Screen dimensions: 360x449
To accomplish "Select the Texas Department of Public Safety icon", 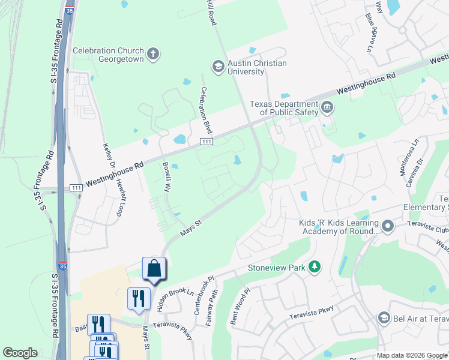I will tap(327, 108).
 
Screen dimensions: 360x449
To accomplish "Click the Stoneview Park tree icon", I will tap(314, 266).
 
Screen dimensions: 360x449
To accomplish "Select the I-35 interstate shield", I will tap(62, 265).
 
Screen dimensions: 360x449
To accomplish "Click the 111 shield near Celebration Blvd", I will tap(206, 140).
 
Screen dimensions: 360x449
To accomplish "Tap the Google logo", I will tap(20, 353).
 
